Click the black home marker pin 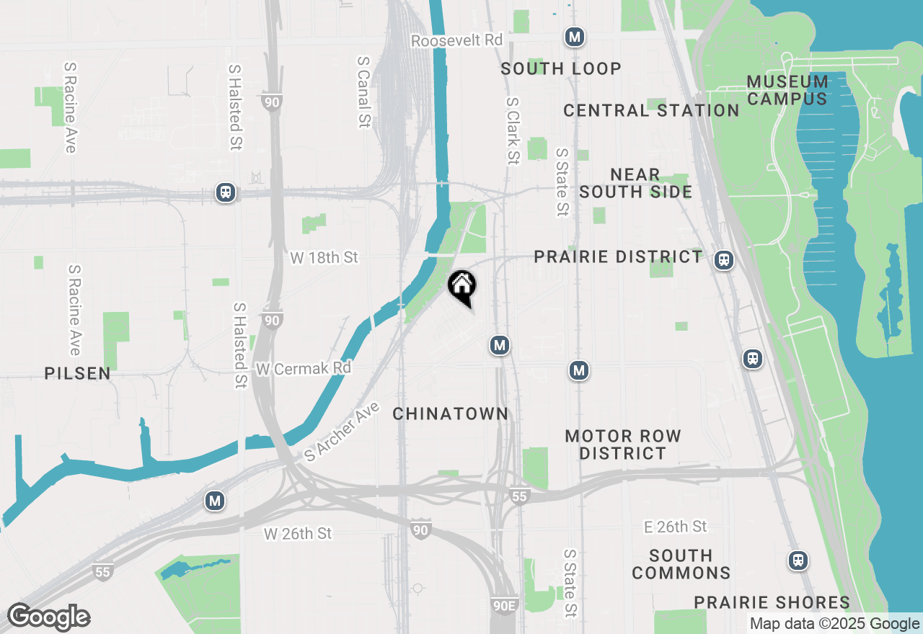[x=461, y=286]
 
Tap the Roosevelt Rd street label [x=456, y=40]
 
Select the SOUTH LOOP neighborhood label [x=561, y=68]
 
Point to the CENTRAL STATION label [x=651, y=110]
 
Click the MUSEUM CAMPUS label [x=787, y=90]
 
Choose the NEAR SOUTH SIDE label [x=635, y=183]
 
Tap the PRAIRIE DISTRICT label [x=618, y=257]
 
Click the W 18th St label [x=324, y=258]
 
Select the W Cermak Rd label [x=303, y=369]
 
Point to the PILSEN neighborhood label [x=77, y=373]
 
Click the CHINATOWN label [x=451, y=414]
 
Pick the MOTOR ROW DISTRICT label [x=623, y=445]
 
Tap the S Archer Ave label [x=342, y=433]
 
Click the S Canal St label [x=363, y=91]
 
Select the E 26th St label [x=676, y=527]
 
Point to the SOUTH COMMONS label [x=681, y=564]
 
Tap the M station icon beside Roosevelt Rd [x=574, y=37]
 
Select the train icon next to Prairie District [x=724, y=260]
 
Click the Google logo [x=48, y=617]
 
